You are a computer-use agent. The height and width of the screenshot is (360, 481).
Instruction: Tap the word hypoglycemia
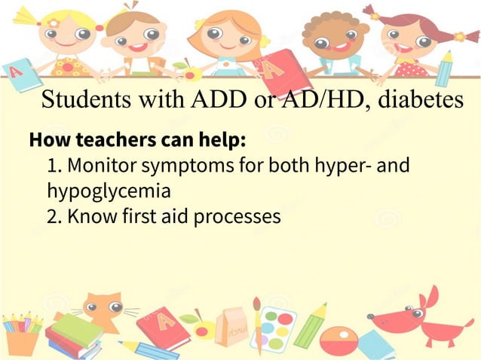[x=109, y=191]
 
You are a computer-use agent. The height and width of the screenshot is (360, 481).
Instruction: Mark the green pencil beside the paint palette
[x=310, y=325]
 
